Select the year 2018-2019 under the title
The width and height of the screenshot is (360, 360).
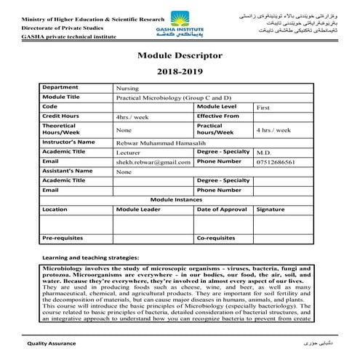point(180,72)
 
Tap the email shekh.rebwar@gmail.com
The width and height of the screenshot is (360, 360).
point(153,162)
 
